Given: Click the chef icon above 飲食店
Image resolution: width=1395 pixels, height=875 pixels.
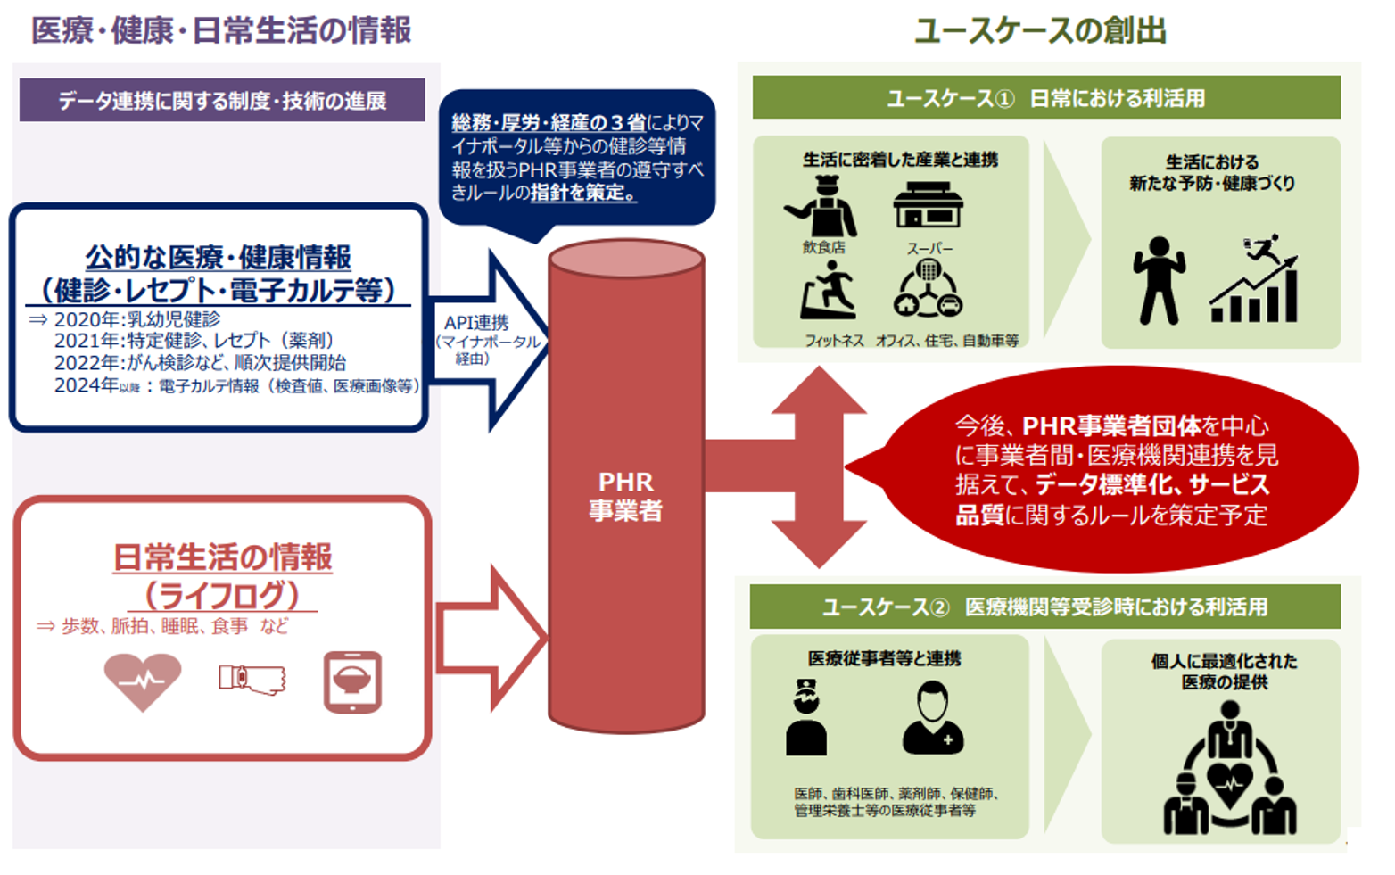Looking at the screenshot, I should click(821, 207).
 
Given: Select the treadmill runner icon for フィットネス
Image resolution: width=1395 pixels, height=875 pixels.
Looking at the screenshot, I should click(828, 292).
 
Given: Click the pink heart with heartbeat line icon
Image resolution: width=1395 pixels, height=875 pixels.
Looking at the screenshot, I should click(143, 681).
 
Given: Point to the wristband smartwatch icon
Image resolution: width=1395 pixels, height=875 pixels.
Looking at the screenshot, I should click(252, 680).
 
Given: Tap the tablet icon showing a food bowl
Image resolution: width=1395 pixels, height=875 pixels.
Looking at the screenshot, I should click(352, 681).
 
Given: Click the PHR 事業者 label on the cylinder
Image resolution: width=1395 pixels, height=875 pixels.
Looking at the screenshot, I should click(625, 496).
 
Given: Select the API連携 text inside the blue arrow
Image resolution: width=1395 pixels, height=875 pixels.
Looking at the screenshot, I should click(476, 323).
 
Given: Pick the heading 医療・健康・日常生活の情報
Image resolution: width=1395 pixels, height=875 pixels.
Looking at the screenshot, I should click(221, 30).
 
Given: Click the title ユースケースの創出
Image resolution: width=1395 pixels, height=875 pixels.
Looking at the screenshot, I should click(1040, 30).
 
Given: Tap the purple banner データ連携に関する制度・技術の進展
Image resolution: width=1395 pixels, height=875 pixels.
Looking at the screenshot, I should click(222, 101).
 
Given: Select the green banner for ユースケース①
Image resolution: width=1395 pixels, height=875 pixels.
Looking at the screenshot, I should click(1045, 98).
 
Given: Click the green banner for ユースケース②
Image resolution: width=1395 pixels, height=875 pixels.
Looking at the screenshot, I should click(1044, 607).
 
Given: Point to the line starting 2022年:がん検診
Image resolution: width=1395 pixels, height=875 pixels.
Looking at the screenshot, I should click(200, 363).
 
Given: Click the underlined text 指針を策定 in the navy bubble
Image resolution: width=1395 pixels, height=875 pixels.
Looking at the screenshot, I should click(582, 193).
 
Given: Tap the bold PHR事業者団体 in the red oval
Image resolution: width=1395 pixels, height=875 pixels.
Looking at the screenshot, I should click(1110, 425).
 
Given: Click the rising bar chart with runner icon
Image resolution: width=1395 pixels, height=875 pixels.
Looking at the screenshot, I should click(1254, 280).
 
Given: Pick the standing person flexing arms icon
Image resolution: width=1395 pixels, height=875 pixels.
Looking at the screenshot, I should click(1159, 281).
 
